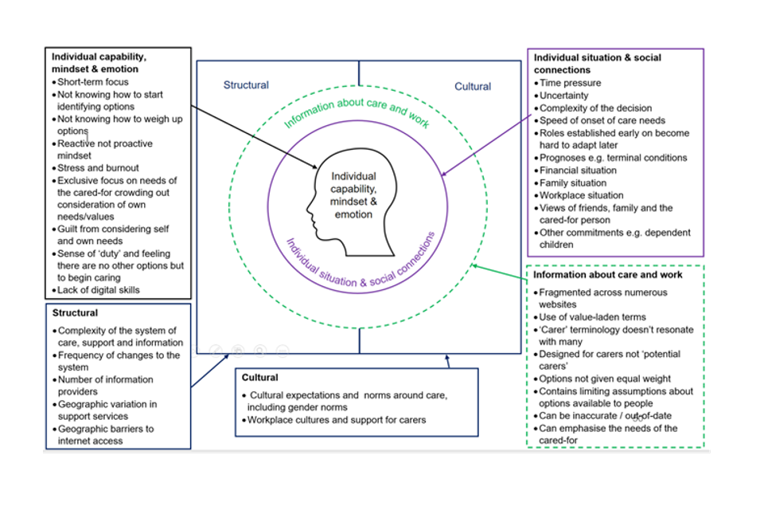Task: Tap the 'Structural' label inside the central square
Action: coord(246,85)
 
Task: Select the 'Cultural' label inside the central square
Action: coord(473,86)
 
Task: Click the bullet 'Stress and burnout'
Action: coord(98,168)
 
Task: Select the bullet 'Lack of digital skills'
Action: coord(98,290)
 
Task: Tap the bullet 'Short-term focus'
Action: coord(92,81)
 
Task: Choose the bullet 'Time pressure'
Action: coord(570,83)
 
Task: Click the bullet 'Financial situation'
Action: coord(578,170)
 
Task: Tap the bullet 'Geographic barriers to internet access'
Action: coord(106,434)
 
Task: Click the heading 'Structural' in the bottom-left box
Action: coord(76,313)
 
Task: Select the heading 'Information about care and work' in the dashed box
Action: coord(608,275)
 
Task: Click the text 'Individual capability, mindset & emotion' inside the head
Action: coord(353,195)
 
